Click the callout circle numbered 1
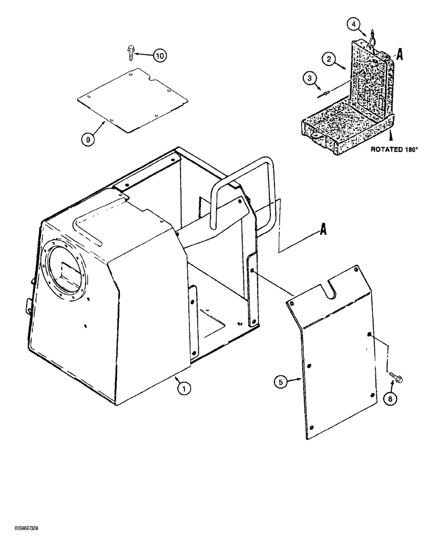point(181,389)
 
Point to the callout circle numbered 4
point(354,24)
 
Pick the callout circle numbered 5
point(281,381)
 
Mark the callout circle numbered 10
point(160,56)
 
